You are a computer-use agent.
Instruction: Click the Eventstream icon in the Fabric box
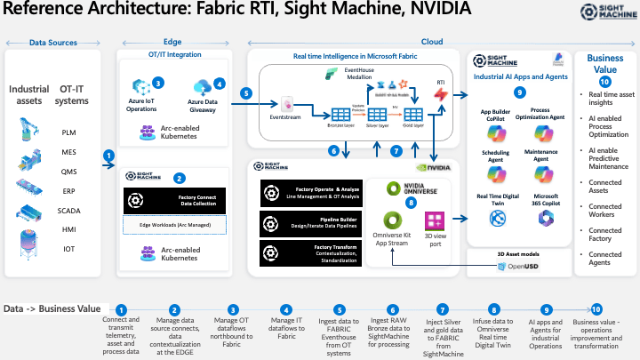click(x=287, y=102)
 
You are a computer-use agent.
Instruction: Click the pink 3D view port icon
click(x=435, y=220)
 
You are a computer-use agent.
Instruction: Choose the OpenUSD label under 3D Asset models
click(x=521, y=266)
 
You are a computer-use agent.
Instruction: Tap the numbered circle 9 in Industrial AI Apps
click(x=520, y=92)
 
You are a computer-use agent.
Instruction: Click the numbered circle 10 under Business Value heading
click(x=604, y=82)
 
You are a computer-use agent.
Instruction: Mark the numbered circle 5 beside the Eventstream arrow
click(x=246, y=92)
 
